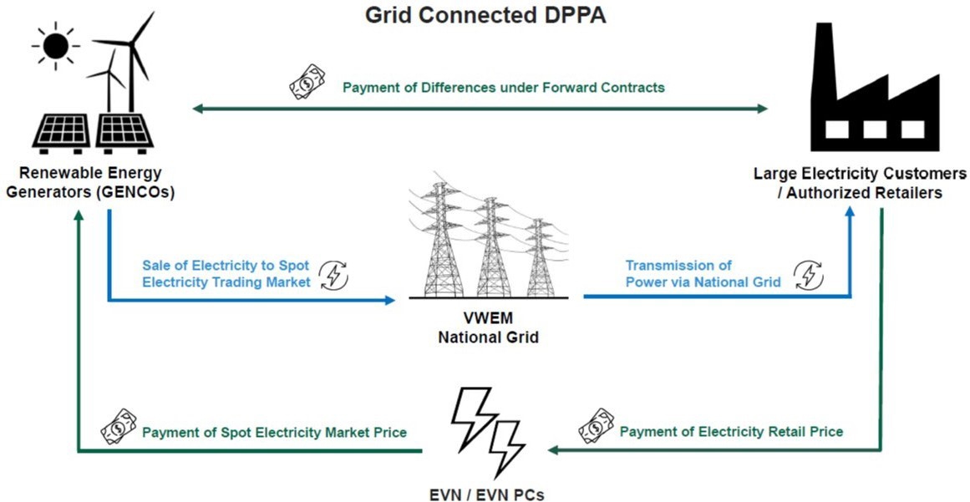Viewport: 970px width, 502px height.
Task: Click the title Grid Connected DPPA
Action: pyautogui.click(x=485, y=16)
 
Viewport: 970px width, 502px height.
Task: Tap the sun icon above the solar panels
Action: pyautogui.click(x=55, y=46)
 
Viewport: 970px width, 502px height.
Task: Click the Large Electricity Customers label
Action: pyautogui.click(x=860, y=181)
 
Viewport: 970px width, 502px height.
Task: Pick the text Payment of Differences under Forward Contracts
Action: pyautogui.click(x=504, y=87)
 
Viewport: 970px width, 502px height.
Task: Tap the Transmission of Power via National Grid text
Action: pyautogui.click(x=703, y=274)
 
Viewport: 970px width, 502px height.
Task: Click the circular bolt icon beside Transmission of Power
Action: pyautogui.click(x=807, y=275)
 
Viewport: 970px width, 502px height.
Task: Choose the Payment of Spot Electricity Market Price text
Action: pyautogui.click(x=274, y=433)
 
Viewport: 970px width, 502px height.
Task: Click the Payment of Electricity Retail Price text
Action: pyautogui.click(x=731, y=432)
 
